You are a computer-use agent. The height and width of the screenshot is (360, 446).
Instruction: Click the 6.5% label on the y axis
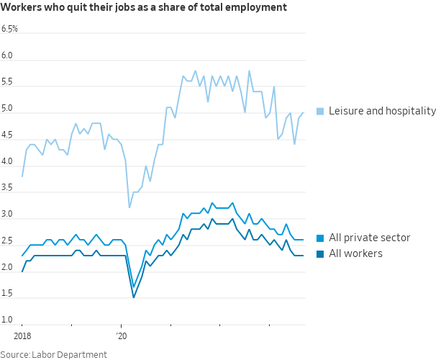(9, 29)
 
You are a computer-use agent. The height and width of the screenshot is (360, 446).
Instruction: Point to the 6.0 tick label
(7, 56)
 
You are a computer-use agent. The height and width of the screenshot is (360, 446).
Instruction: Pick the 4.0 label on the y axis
(7, 162)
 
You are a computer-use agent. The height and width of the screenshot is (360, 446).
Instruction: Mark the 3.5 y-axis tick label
(7, 189)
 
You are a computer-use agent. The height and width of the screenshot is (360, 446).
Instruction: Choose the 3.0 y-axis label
(7, 215)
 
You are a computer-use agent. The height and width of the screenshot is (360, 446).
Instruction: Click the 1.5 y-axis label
(7, 294)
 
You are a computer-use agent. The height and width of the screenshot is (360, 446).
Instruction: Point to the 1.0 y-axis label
(7, 319)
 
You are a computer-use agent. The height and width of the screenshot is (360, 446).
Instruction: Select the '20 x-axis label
(121, 336)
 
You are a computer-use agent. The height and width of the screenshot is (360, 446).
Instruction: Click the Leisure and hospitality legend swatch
(320, 111)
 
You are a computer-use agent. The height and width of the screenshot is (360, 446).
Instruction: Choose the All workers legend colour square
(320, 253)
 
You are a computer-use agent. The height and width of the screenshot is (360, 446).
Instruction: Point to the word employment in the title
(254, 7)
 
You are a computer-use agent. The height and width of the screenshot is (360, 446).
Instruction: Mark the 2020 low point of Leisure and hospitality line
(129, 207)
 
